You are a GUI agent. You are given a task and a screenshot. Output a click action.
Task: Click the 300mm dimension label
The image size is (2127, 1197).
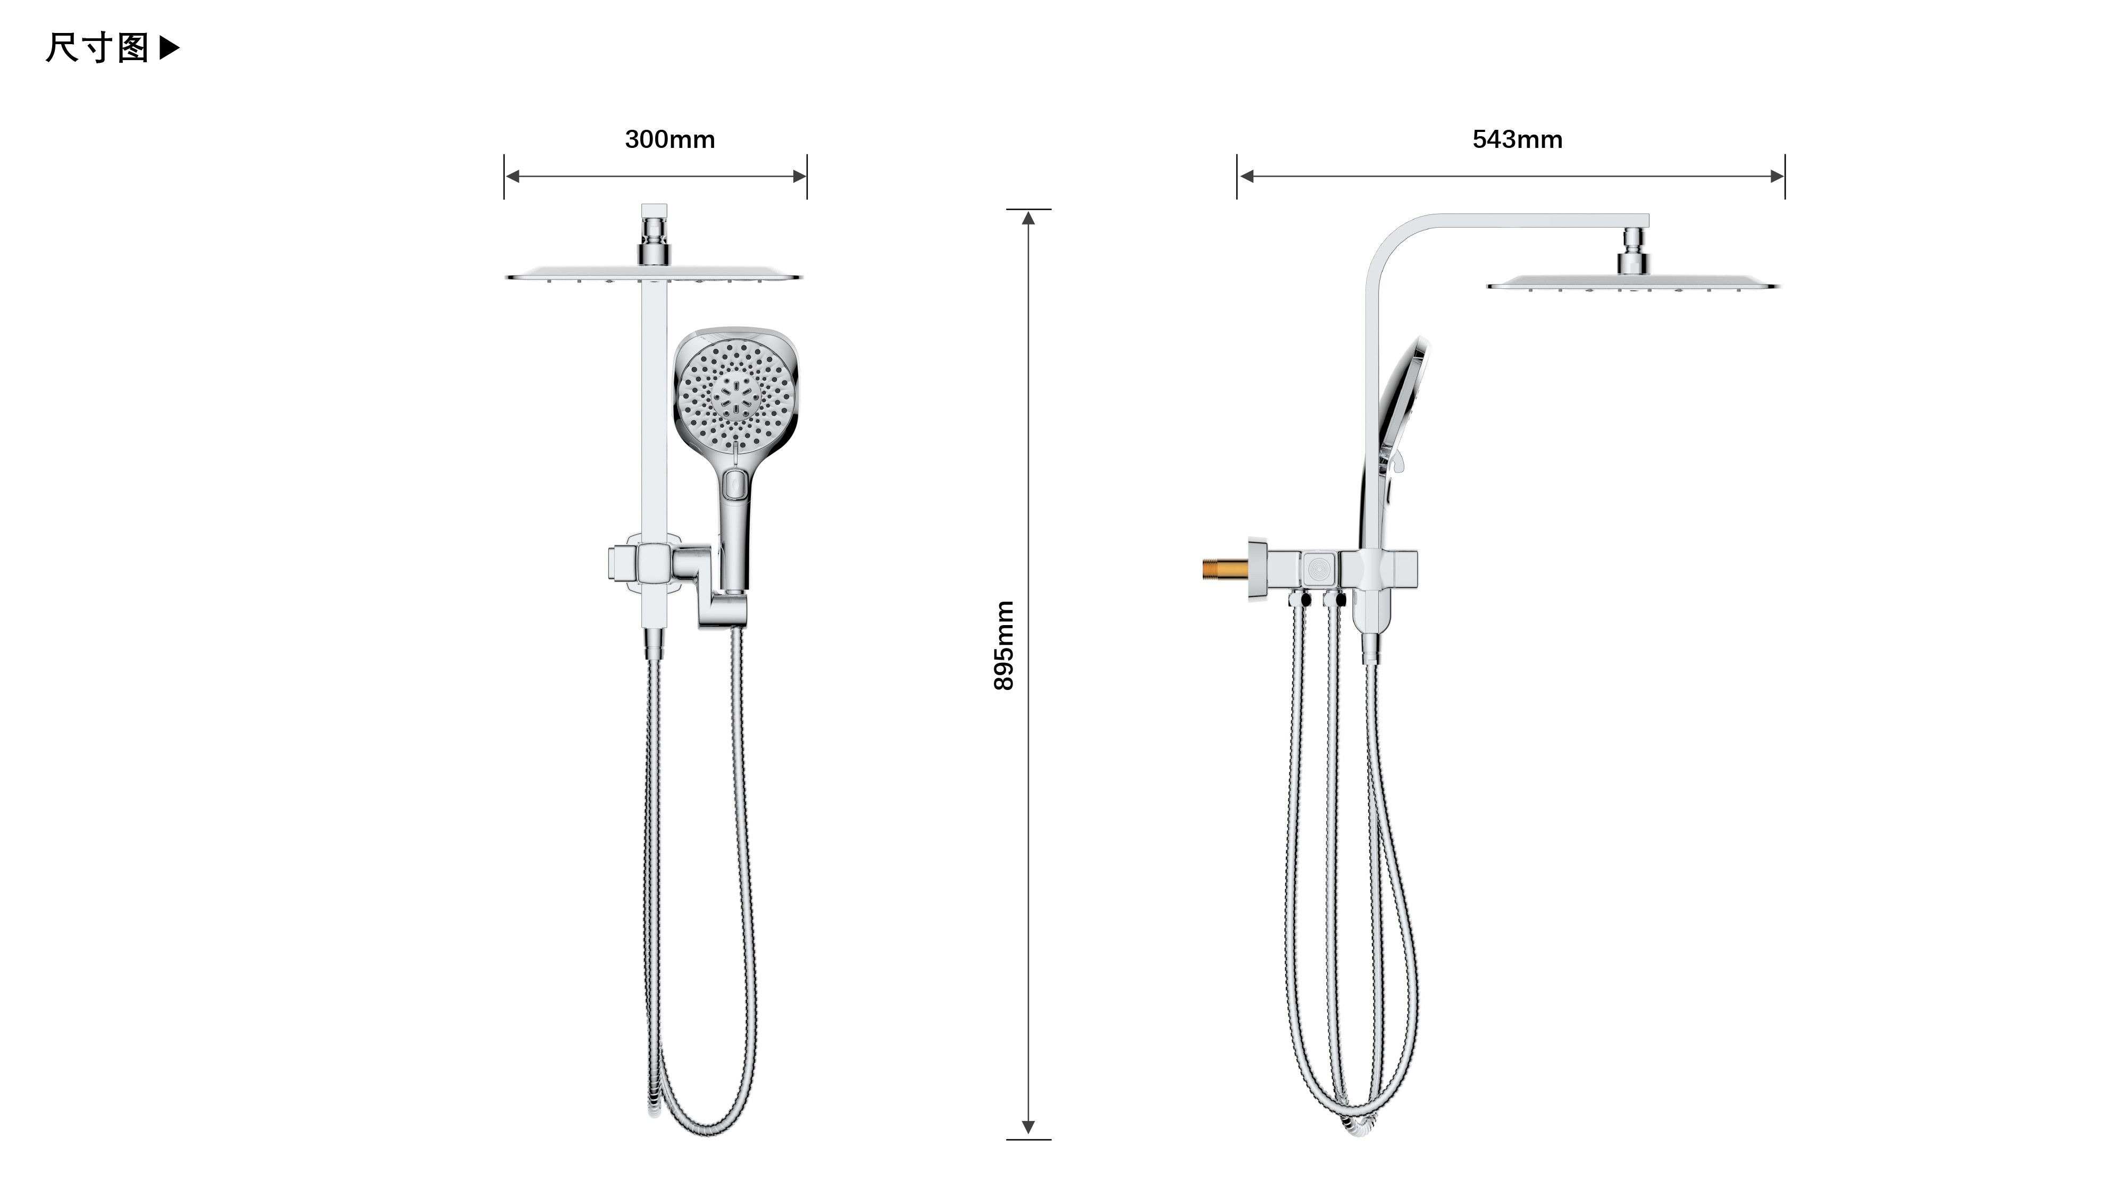669,139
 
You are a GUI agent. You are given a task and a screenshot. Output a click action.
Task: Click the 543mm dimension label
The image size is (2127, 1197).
1517,139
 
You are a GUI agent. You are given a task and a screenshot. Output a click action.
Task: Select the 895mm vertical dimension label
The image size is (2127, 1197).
1003,645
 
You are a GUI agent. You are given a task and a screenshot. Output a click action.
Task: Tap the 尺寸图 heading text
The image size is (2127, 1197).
97,48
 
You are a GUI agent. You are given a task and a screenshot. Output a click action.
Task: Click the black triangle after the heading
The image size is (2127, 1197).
169,48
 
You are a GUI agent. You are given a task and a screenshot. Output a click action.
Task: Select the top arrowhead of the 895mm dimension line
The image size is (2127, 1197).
1028,218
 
